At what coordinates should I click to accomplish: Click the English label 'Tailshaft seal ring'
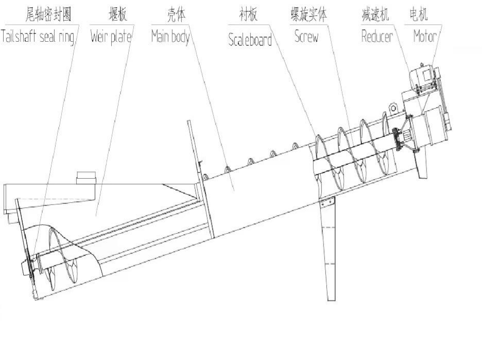pyautogui.click(x=38, y=36)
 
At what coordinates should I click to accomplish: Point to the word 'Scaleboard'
pyautogui.click(x=250, y=40)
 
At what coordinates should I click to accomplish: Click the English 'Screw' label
pyautogui.click(x=306, y=36)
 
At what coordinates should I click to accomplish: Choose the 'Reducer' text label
pyautogui.click(x=377, y=36)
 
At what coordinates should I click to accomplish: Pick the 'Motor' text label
pyautogui.click(x=425, y=36)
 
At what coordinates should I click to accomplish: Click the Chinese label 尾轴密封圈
pyautogui.click(x=48, y=14)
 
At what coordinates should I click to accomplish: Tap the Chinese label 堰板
pyautogui.click(x=118, y=14)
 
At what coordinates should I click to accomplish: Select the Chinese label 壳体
pyautogui.click(x=176, y=14)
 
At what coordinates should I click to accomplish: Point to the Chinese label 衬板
pyautogui.click(x=248, y=14)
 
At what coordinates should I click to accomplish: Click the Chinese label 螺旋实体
pyautogui.click(x=308, y=14)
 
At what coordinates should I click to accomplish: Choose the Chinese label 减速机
pyautogui.click(x=375, y=14)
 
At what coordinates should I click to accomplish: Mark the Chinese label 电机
pyautogui.click(x=419, y=14)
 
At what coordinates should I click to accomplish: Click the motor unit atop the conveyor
pyautogui.click(x=424, y=77)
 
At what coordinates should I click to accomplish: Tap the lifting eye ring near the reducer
pyautogui.click(x=393, y=108)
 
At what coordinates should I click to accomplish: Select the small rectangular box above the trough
pyautogui.click(x=86, y=178)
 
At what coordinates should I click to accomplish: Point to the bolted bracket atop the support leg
pyautogui.click(x=327, y=202)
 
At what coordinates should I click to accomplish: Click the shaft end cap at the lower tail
pyautogui.click(x=24, y=269)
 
